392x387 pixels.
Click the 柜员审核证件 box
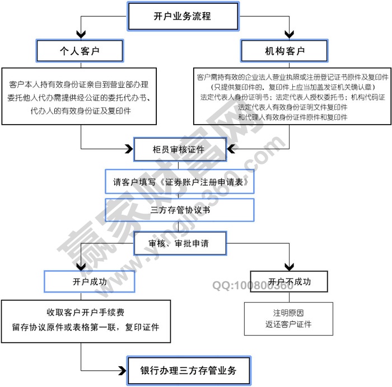click(180, 149)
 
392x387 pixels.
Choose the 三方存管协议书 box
click(180, 211)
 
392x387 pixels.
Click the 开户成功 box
click(90, 281)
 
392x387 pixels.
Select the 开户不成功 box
click(288, 281)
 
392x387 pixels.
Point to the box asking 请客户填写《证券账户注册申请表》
click(180, 182)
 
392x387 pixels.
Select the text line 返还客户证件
click(288, 324)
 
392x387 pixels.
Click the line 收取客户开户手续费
click(86, 313)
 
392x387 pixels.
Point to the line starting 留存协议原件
click(86, 326)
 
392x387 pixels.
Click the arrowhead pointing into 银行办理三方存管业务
click(124, 370)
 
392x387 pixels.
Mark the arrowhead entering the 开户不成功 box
click(288, 267)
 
